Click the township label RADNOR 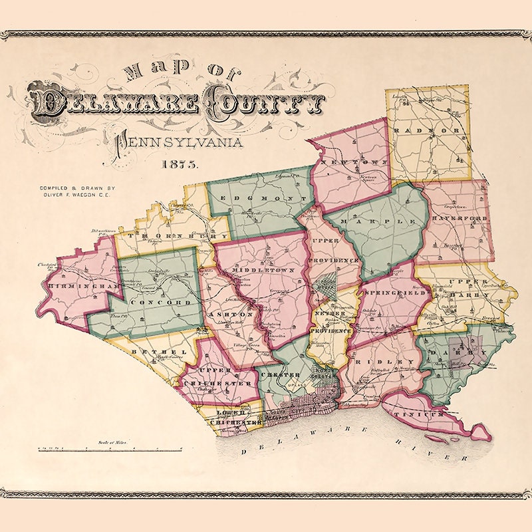[x=427, y=130]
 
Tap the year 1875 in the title [x=179, y=164]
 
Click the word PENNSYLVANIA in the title [x=177, y=142]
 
